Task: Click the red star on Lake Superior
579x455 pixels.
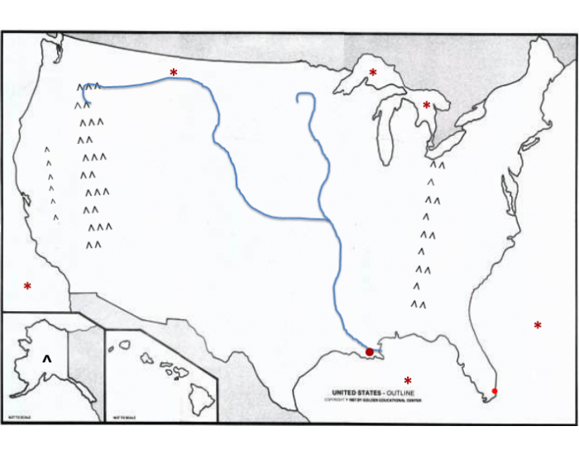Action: point(372,74)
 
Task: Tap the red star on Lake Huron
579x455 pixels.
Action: point(427,106)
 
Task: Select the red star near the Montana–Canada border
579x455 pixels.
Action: point(174,74)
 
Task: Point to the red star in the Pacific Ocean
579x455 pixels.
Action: point(27,287)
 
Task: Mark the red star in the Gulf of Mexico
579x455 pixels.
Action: point(408,381)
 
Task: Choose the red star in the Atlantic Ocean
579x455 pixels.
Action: point(538,326)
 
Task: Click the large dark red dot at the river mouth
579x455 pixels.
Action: point(370,353)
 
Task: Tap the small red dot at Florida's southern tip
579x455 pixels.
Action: point(495,391)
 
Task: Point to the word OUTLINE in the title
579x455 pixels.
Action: point(400,392)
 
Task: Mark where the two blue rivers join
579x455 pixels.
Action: point(325,220)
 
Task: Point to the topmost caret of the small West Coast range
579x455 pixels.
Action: point(47,150)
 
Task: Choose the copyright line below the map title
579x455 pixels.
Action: point(371,400)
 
